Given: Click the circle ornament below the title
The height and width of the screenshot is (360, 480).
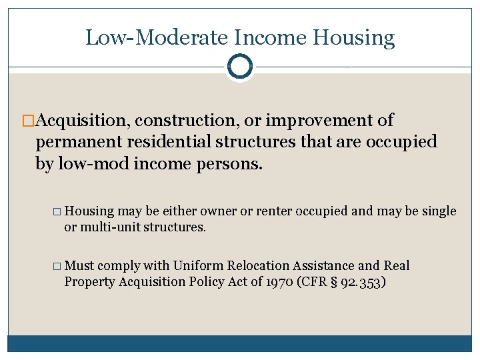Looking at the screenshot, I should (239, 66).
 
